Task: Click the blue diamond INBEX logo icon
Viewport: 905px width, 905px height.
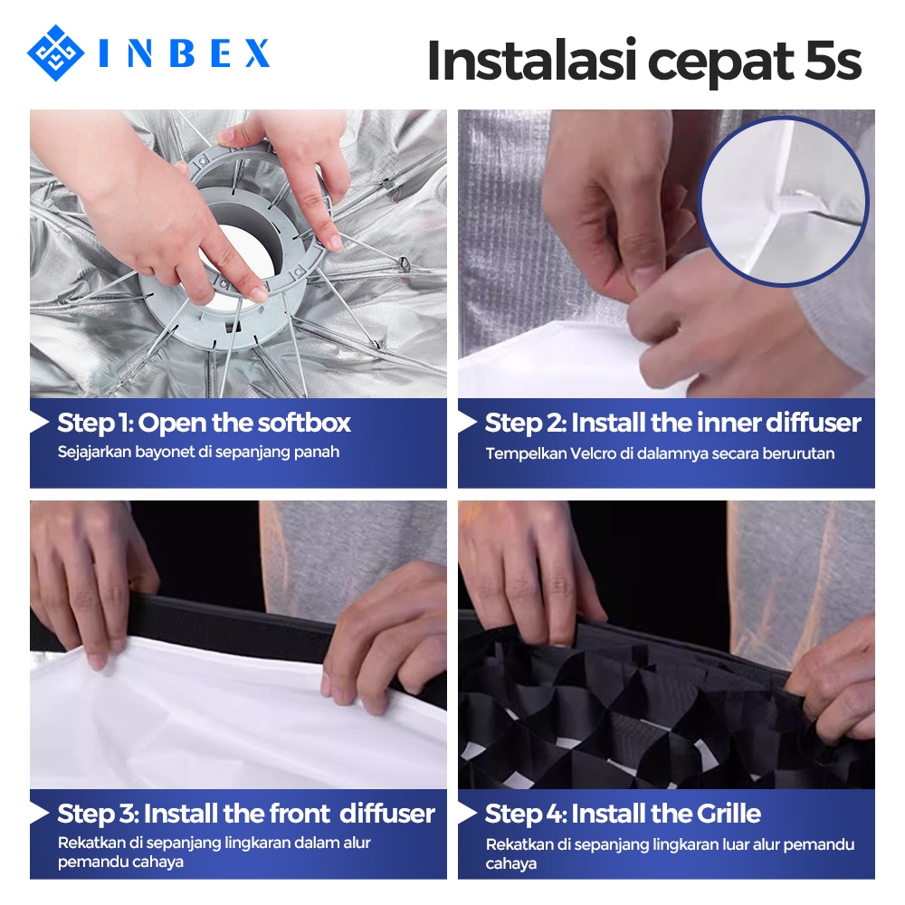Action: point(55,53)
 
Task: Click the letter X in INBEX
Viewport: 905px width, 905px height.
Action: point(256,53)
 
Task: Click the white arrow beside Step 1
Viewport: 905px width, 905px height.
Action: point(39,423)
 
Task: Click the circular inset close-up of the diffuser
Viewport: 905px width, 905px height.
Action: point(783,201)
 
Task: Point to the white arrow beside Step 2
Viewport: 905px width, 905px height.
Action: point(467,423)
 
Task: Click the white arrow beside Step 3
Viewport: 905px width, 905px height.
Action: point(39,814)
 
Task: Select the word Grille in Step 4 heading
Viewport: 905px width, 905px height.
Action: point(729,814)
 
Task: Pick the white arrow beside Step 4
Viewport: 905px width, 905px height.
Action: point(467,814)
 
